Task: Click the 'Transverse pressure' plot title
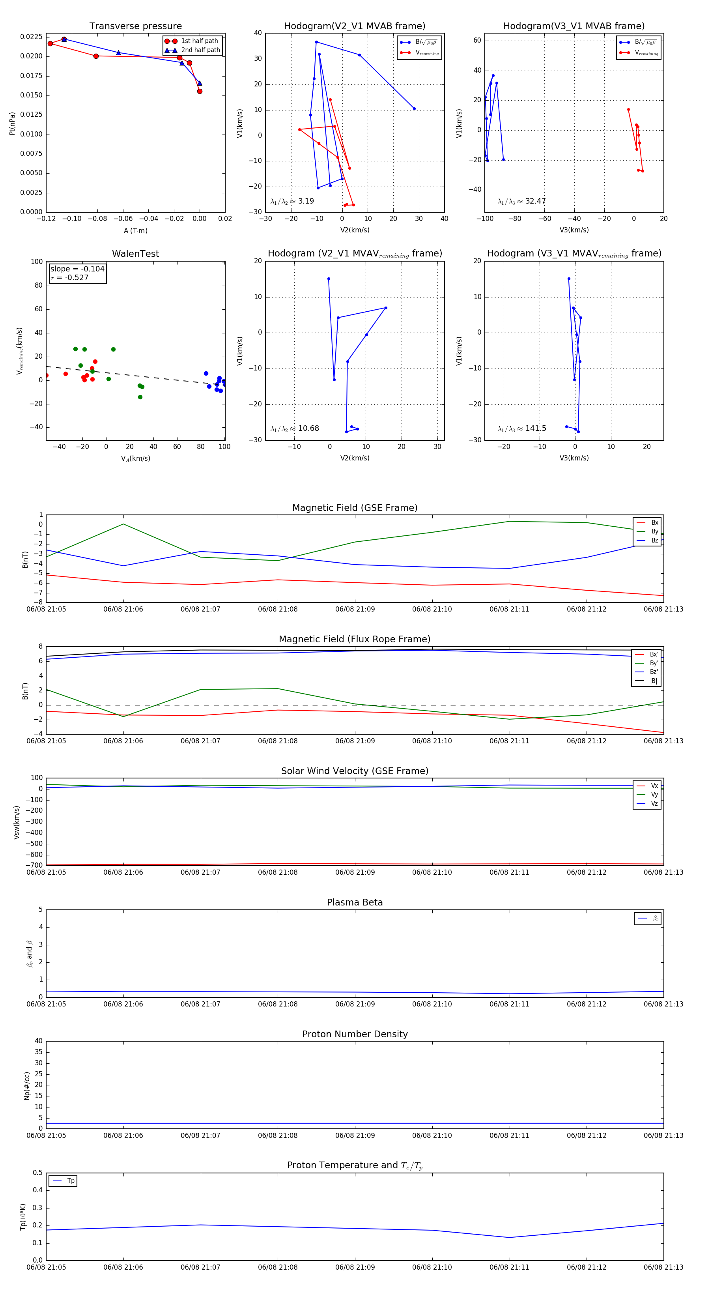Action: pos(135,26)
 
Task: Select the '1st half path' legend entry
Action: pos(199,41)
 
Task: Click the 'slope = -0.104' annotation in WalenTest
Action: pos(77,269)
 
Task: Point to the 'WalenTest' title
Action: pos(135,254)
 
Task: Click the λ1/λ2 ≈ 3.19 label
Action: pos(292,201)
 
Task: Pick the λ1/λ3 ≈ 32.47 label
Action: pos(521,201)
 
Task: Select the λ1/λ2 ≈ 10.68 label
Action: pos(295,428)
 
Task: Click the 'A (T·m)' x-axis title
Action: pos(135,230)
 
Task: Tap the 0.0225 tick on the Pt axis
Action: pos(31,37)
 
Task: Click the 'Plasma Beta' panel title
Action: pos(355,902)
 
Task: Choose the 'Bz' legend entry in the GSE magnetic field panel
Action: pos(654,540)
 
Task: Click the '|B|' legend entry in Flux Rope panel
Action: pos(654,681)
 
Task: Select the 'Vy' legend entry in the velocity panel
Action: pos(654,795)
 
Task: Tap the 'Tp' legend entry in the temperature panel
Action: pos(70,1181)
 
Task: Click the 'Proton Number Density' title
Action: pos(355,1034)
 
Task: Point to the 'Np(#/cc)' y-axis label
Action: pos(27,1086)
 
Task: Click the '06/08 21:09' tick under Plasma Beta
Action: pos(355,1004)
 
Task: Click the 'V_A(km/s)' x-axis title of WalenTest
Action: pos(135,458)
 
